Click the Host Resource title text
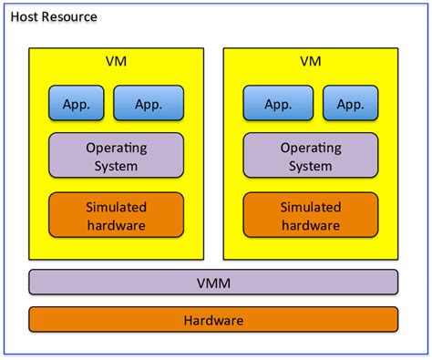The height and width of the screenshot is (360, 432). click(53, 17)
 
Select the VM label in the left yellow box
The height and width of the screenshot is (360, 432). click(116, 63)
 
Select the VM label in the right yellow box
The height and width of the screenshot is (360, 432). click(311, 63)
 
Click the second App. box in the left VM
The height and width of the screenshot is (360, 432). click(149, 103)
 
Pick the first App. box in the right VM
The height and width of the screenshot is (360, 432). click(278, 103)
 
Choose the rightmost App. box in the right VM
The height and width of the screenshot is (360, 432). click(349, 103)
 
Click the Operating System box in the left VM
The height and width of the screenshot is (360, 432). click(116, 156)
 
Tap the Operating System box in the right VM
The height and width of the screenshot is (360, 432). click(311, 156)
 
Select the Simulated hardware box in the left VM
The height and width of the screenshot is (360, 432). click(116, 215)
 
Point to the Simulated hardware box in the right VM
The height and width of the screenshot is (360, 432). click(311, 215)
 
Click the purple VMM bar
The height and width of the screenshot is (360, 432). click(213, 283)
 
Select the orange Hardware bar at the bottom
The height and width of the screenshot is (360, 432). click(213, 320)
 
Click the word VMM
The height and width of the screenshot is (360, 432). click(213, 283)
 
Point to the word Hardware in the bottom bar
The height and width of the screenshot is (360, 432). click(213, 321)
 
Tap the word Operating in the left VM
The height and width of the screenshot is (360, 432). click(117, 148)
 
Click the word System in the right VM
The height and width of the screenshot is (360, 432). click(311, 166)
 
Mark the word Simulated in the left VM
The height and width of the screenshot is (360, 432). click(116, 207)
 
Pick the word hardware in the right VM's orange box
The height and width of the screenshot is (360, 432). click(311, 225)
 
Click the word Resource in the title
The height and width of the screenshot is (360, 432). click(70, 17)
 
